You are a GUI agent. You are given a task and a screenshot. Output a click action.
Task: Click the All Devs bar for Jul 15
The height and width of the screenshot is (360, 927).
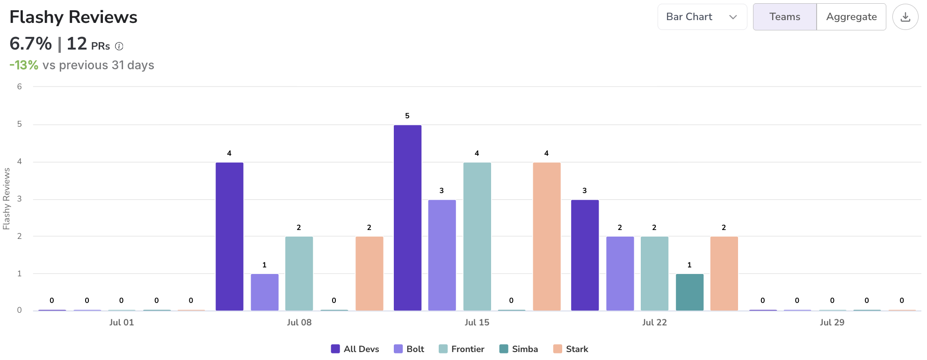click(407, 217)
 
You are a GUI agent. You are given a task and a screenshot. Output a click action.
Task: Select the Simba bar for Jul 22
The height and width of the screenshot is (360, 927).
click(689, 292)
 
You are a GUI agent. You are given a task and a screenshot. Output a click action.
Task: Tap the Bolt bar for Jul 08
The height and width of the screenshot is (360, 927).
click(264, 292)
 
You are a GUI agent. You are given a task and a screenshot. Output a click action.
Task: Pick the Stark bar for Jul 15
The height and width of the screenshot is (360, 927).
click(546, 236)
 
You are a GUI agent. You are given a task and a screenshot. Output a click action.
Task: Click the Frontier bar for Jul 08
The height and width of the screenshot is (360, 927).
click(299, 274)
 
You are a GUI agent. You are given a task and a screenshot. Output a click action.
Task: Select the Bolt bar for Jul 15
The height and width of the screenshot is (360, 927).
click(442, 255)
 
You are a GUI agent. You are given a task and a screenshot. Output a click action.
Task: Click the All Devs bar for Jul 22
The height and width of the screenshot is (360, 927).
click(585, 255)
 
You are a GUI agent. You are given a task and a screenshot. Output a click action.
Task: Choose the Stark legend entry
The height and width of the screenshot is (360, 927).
click(571, 349)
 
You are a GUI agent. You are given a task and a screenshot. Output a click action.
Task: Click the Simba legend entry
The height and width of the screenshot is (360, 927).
click(519, 349)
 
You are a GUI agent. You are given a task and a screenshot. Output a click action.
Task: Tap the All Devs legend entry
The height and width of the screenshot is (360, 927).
click(355, 349)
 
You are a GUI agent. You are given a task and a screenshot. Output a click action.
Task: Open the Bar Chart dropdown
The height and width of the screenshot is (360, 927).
click(702, 17)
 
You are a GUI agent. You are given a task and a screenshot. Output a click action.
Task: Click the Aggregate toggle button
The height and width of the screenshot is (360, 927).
click(851, 17)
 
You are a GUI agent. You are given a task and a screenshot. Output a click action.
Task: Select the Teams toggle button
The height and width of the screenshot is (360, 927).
click(784, 17)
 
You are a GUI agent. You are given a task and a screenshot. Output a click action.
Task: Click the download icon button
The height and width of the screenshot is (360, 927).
click(905, 17)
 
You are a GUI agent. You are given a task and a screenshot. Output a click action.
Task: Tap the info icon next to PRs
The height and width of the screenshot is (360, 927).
click(119, 46)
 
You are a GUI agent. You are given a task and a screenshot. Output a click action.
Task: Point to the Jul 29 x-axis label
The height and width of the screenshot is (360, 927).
click(832, 322)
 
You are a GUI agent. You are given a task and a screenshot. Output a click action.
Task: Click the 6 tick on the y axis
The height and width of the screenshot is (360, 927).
click(19, 86)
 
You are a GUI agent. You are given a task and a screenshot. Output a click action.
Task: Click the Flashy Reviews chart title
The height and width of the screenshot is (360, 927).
click(73, 17)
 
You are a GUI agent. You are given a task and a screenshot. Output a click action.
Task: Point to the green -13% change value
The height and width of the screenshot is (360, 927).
click(24, 65)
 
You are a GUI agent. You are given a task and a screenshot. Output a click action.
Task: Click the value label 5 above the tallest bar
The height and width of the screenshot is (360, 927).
click(407, 115)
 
